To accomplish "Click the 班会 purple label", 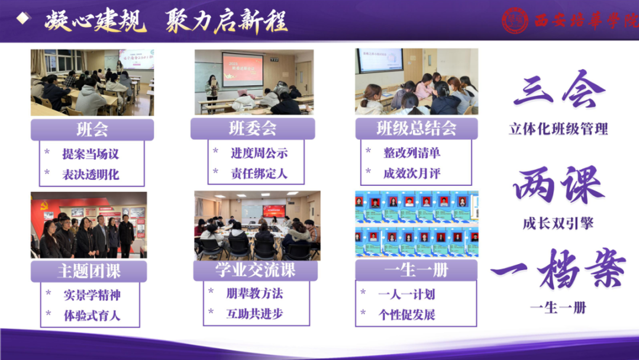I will point(92,129).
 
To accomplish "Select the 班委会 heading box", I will point(253,128).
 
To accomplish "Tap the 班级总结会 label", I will point(417,128).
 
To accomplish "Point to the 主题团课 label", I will point(89,271).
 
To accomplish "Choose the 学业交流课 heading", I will point(255,271).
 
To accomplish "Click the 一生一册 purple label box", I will point(416,271).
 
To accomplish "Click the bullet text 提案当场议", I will point(91,154).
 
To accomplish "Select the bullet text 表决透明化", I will point(91,175).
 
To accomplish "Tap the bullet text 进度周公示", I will point(259,153).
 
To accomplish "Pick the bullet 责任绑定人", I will point(259,174).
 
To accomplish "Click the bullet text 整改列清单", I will point(412,153).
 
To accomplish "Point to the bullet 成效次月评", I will point(412,173).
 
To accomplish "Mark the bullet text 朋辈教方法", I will point(254,292).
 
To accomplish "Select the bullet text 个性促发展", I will point(406,314).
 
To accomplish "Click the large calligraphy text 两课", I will point(558,185).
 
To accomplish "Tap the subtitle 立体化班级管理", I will point(558,128).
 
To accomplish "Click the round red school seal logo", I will point(515,21).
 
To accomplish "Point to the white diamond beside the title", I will point(23,18).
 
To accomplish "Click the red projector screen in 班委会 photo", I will point(242,69).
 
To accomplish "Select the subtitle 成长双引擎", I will point(558,223).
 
